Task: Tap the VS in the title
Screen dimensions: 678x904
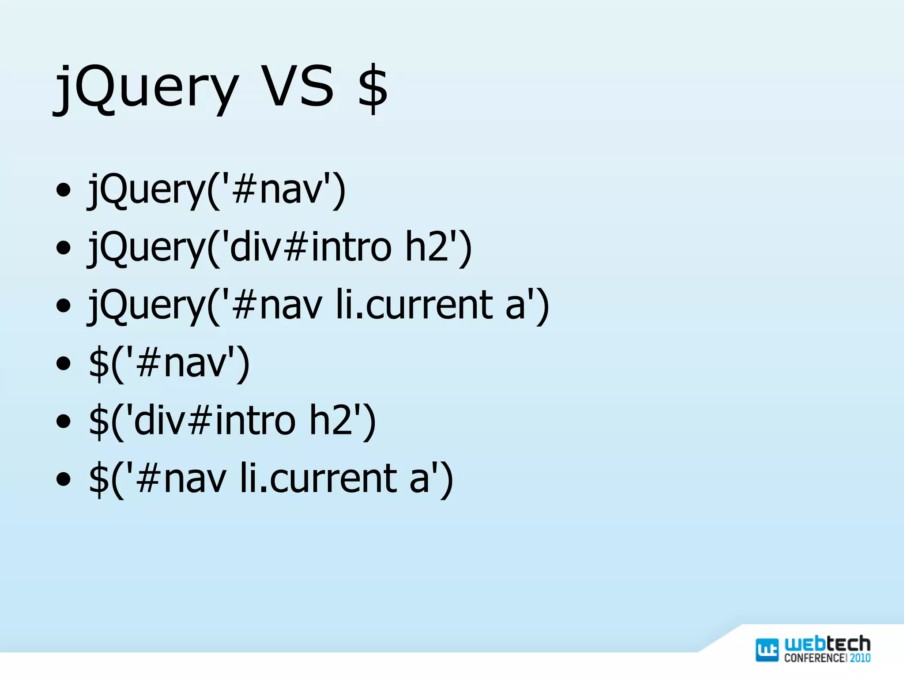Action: click(298, 86)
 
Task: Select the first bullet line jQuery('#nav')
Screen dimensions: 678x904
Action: click(216, 190)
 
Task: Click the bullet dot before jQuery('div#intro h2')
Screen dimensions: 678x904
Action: click(64, 248)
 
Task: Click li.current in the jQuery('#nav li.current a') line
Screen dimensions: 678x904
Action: click(414, 305)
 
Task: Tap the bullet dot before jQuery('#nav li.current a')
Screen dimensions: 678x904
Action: click(64, 305)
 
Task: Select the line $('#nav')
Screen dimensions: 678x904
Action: click(169, 363)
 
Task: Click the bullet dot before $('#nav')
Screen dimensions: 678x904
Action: click(64, 364)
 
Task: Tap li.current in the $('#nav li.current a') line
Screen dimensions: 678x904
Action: click(318, 478)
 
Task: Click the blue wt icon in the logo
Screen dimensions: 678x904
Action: click(767, 650)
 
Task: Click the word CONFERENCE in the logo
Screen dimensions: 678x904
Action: click(815, 658)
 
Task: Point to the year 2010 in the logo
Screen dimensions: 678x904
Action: click(860, 658)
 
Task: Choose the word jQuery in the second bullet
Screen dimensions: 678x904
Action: click(146, 248)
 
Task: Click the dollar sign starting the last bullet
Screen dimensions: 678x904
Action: click(98, 479)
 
